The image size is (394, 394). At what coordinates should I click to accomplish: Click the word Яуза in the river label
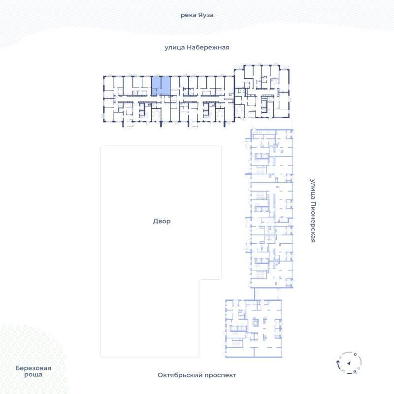[x=205, y=15]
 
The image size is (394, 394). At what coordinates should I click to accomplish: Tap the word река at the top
[x=188, y=15]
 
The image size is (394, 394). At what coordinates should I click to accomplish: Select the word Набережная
[x=208, y=47]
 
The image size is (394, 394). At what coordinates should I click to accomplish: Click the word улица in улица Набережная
[x=175, y=48]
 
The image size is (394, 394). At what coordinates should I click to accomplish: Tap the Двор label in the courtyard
[x=162, y=221]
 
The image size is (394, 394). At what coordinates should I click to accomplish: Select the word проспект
[x=220, y=375]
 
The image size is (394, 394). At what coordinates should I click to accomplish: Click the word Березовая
[x=33, y=368]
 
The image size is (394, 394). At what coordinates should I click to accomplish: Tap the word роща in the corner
[x=33, y=375]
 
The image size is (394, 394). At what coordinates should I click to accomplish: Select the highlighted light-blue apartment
[x=161, y=86]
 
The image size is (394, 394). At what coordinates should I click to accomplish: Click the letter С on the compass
[x=355, y=354]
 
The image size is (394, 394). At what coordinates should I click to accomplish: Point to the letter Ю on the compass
[x=343, y=371]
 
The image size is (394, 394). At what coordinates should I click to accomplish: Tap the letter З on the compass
[x=340, y=357]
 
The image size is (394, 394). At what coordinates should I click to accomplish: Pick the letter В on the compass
[x=359, y=368]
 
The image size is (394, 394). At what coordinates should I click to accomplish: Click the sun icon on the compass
[x=355, y=372]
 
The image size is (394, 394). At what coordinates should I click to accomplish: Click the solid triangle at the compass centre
[x=349, y=363]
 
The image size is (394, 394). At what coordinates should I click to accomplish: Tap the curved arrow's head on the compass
[x=338, y=362]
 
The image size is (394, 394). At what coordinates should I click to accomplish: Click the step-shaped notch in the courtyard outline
[x=199, y=280]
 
